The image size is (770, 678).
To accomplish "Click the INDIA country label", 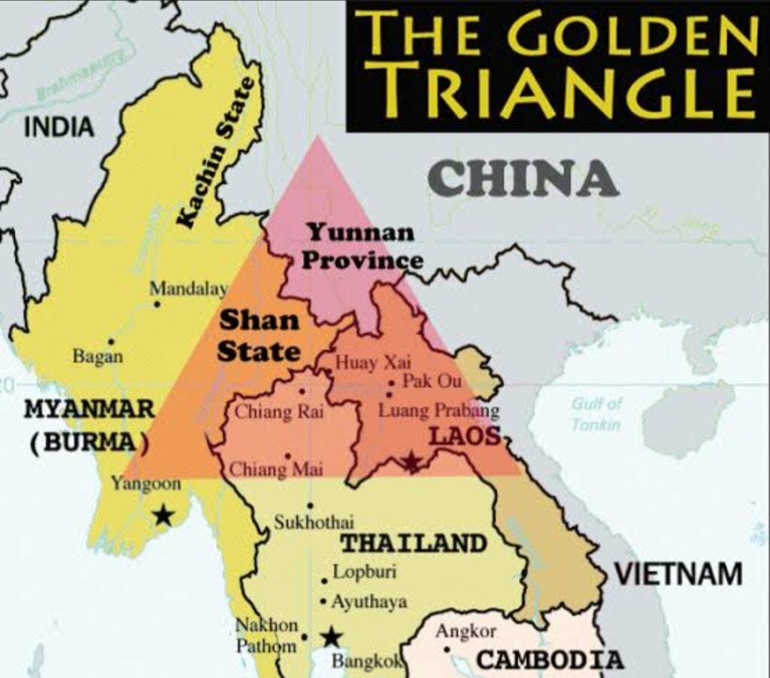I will click(x=60, y=127).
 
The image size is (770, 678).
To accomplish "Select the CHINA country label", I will click(x=523, y=179).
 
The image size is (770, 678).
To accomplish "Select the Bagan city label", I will click(x=98, y=356).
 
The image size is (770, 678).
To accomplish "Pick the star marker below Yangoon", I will click(x=162, y=515).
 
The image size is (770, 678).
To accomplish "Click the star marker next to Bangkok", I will click(x=331, y=638).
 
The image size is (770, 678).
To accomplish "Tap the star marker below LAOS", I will click(x=411, y=461).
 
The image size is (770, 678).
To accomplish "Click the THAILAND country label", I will click(x=414, y=543).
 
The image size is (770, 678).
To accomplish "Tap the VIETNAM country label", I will click(x=679, y=574).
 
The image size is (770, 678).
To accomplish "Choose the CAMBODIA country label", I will click(x=550, y=660).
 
